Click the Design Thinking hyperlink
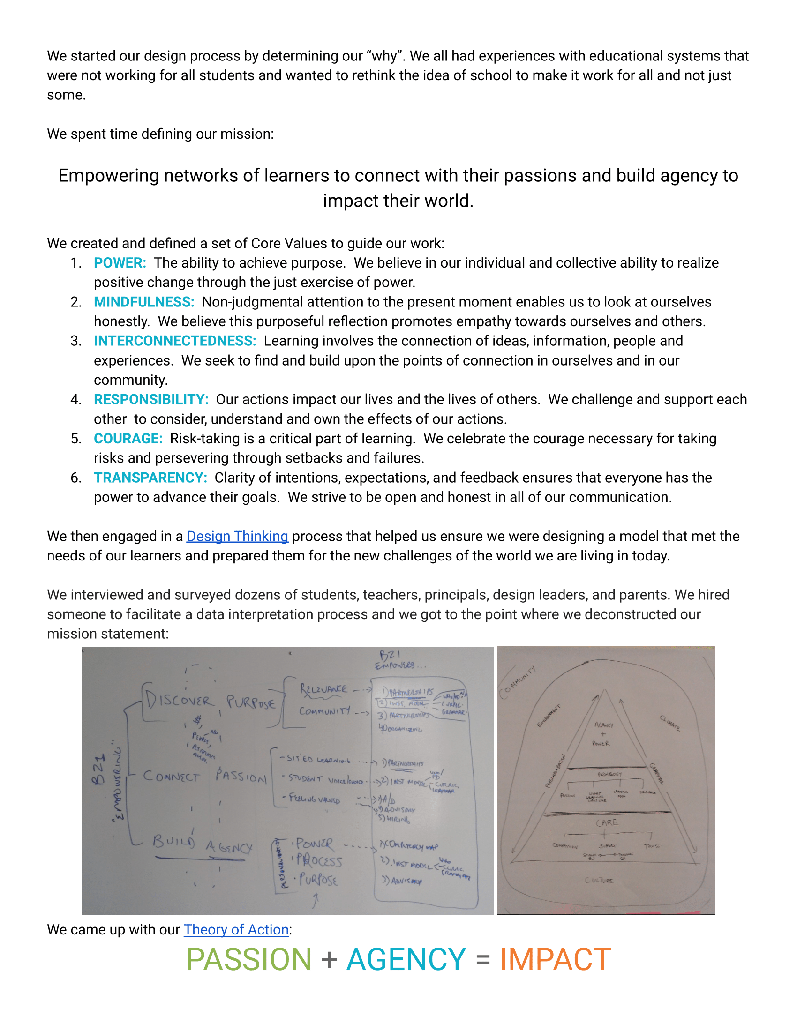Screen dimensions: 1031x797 (237, 536)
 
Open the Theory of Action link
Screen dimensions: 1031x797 (236, 929)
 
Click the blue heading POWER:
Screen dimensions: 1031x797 (120, 263)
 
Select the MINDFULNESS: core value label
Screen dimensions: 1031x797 (144, 302)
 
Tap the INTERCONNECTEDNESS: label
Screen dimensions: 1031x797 (175, 341)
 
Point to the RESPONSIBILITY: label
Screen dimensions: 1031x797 (151, 399)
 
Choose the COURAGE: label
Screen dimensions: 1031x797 (128, 439)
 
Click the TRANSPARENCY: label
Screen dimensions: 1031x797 (150, 478)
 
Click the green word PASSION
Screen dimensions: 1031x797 (249, 960)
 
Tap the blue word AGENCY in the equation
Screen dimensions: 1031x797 (406, 960)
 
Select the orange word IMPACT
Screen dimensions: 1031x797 (555, 960)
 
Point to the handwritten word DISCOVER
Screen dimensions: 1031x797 (179, 700)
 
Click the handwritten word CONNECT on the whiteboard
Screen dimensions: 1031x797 (172, 777)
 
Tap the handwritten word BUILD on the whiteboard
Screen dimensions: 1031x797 (173, 842)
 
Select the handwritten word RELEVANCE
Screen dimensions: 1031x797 (323, 690)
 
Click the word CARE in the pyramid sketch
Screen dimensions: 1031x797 (607, 823)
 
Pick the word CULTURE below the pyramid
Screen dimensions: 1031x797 (599, 881)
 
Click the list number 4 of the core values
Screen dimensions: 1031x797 (75, 399)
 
